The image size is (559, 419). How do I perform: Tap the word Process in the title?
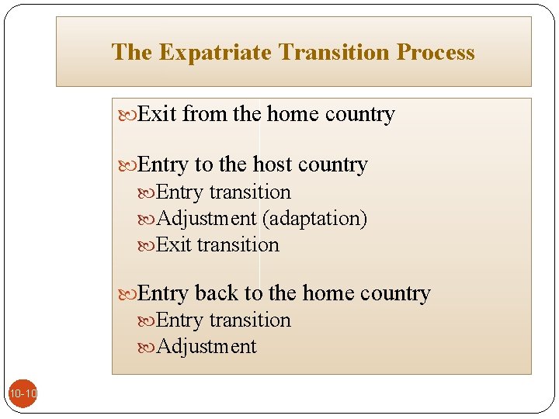(x=436, y=52)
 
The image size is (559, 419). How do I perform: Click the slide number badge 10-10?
(x=23, y=395)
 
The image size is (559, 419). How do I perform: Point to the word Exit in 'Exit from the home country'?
(x=158, y=114)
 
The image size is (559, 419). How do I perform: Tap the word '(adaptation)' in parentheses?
(x=314, y=219)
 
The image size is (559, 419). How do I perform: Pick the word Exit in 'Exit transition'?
(x=173, y=244)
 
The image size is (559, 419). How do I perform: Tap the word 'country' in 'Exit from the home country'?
(x=360, y=114)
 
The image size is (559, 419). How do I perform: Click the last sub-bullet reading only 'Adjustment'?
(x=207, y=346)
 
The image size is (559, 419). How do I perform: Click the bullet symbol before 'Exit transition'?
(x=148, y=246)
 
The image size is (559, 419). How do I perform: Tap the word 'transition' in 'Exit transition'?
(x=238, y=244)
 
